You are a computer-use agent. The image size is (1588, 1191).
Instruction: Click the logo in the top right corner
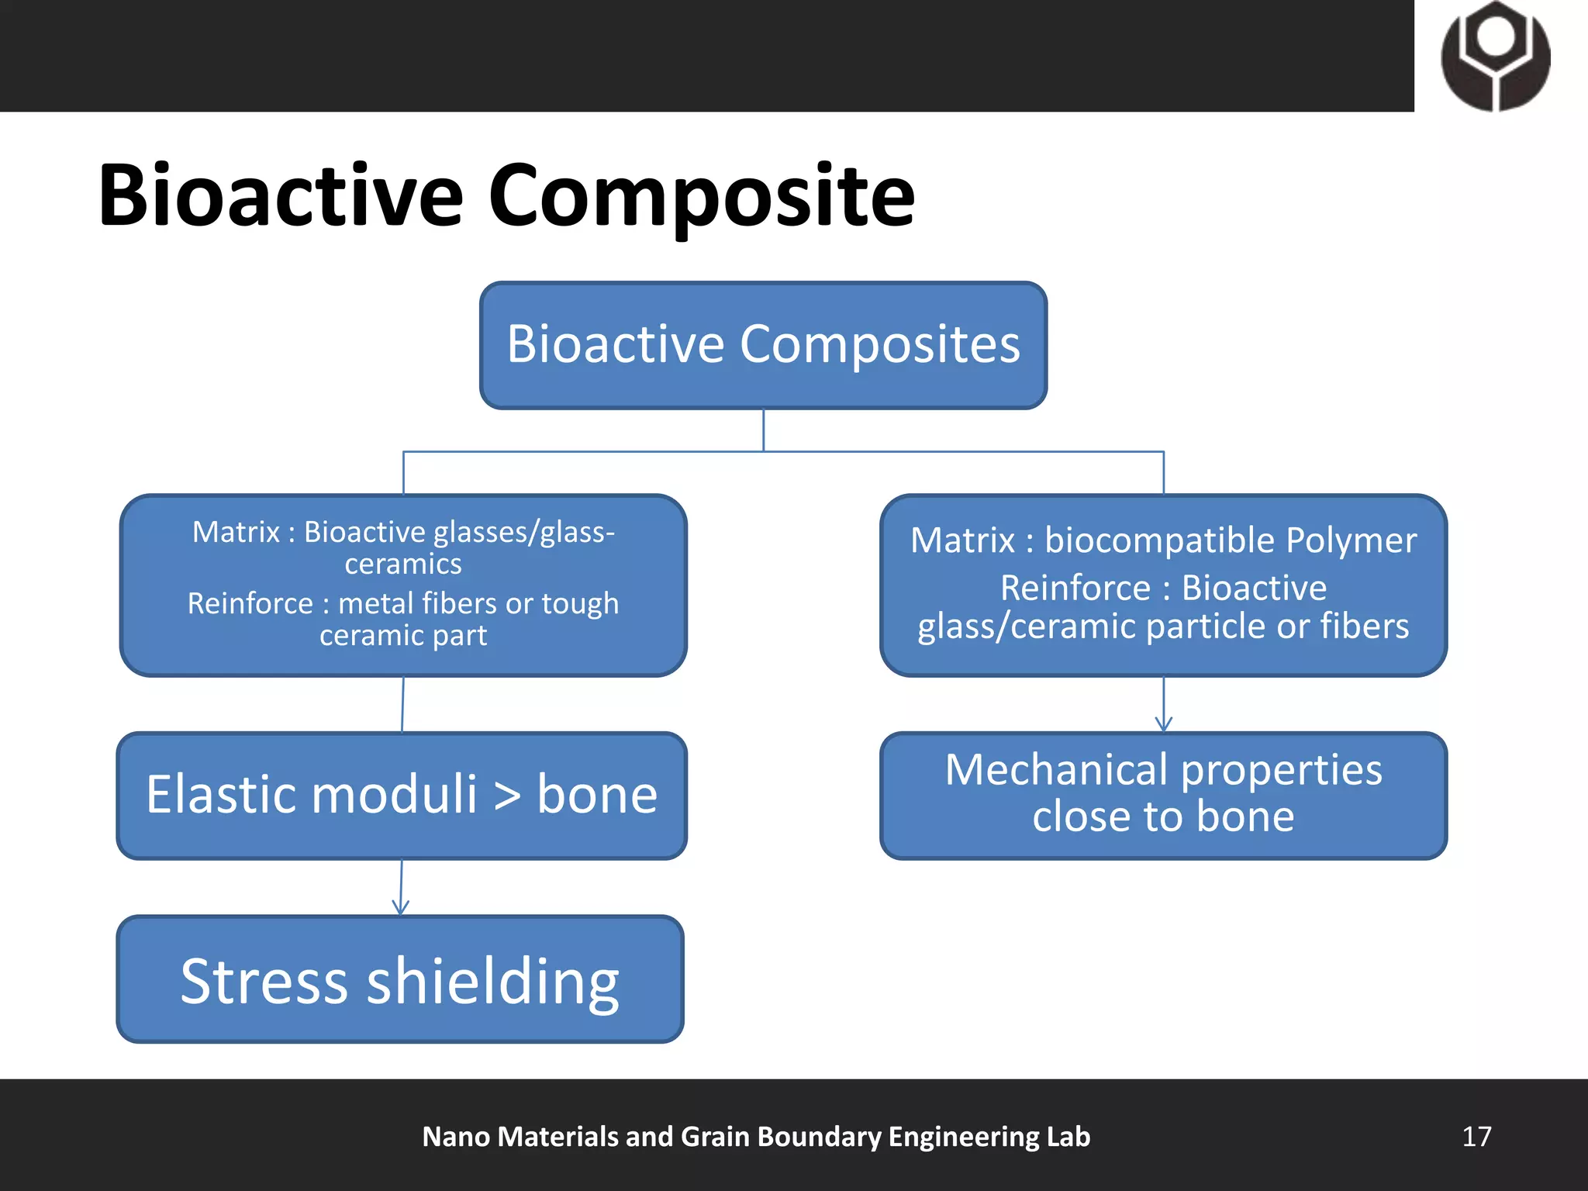[1496, 56]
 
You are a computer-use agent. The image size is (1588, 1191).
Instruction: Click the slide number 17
[1476, 1137]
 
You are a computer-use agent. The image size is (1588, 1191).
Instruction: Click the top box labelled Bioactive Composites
[763, 345]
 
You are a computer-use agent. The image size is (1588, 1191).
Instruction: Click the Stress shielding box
[400, 980]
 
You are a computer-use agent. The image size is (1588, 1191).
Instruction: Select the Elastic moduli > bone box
[402, 796]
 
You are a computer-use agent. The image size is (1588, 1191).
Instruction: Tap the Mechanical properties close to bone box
[1163, 796]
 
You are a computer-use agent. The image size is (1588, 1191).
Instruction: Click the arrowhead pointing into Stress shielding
[400, 907]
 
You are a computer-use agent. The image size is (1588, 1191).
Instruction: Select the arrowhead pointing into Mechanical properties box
[1163, 724]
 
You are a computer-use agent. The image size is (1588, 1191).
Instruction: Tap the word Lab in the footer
[1068, 1137]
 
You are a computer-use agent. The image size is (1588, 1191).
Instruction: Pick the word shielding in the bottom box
[493, 982]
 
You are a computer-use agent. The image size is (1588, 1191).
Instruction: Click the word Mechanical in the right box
[1056, 770]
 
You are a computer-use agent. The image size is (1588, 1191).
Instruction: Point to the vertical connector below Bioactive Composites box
[764, 430]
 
